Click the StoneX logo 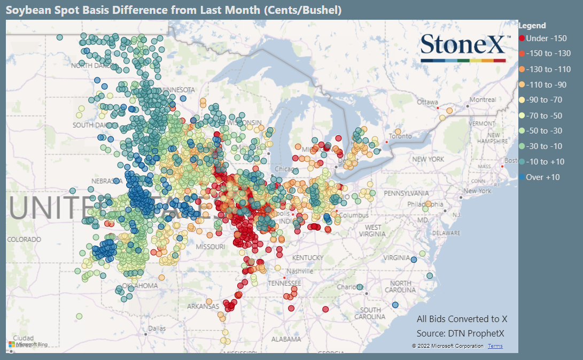click(x=463, y=47)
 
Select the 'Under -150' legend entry click(x=542, y=38)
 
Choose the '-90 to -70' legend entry click(x=541, y=100)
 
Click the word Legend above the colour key click(x=532, y=25)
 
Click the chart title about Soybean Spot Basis click(x=174, y=10)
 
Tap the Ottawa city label click(x=427, y=101)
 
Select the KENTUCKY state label click(x=308, y=258)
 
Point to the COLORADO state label click(x=24, y=239)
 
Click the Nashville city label click(x=300, y=271)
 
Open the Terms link click(x=495, y=346)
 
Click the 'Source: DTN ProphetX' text click(x=460, y=333)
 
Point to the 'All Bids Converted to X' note click(x=462, y=319)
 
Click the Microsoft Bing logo click(x=28, y=345)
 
